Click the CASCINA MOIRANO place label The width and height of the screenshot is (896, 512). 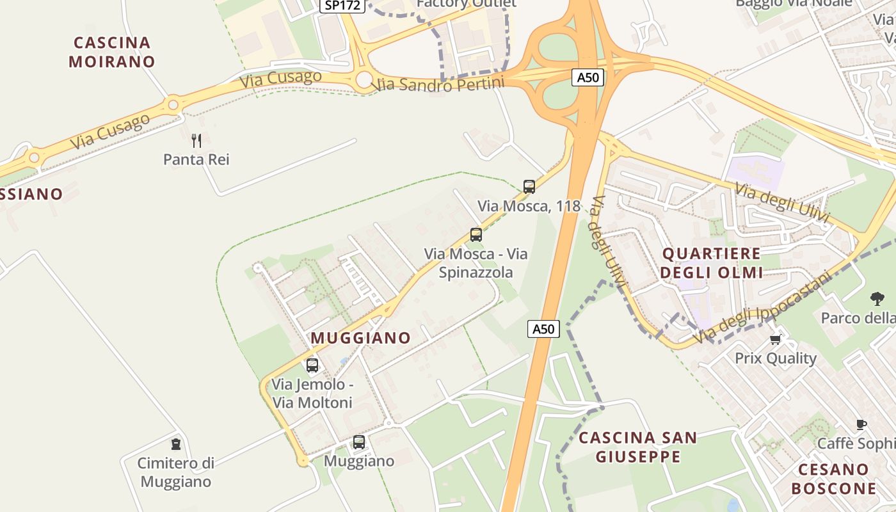tap(112, 52)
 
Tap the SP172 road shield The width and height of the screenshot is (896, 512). tap(342, 5)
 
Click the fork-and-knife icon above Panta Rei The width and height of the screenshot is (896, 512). tap(196, 140)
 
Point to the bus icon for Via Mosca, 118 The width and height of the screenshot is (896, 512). tap(529, 187)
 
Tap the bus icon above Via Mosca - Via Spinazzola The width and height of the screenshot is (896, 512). tap(476, 235)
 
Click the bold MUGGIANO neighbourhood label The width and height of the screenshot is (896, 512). tap(361, 337)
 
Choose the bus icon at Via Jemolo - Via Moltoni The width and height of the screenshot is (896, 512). tap(312, 365)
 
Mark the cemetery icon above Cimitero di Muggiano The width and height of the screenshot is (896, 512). tap(176, 444)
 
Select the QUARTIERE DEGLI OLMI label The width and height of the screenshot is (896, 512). tap(711, 262)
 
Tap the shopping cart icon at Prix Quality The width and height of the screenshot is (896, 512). tap(776, 339)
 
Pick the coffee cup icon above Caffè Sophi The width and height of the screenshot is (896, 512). tap(861, 424)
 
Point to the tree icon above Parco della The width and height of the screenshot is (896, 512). tap(877, 298)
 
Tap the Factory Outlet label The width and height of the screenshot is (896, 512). tap(466, 3)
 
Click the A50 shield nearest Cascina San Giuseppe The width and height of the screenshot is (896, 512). tap(544, 329)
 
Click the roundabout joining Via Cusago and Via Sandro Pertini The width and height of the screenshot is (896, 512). tap(364, 80)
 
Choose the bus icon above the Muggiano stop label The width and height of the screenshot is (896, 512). tap(359, 442)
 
